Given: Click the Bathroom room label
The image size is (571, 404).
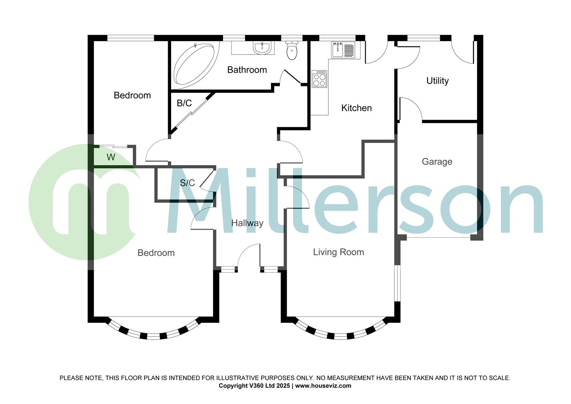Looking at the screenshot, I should (x=247, y=70).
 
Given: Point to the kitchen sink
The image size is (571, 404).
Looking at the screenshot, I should (x=343, y=50).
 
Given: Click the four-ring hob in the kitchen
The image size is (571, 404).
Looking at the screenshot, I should (x=320, y=79).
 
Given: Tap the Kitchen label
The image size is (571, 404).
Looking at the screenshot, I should (x=356, y=108).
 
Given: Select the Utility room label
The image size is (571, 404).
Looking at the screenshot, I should (x=437, y=81).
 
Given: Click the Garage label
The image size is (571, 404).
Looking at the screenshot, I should (x=437, y=162).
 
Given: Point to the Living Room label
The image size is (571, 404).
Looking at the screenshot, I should (x=338, y=252).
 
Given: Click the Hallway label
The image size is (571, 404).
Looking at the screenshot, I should (x=247, y=223).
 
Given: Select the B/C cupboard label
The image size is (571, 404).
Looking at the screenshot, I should (x=184, y=103).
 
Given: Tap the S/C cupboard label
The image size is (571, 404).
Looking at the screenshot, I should (x=187, y=183).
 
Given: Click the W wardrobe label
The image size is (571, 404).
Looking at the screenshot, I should (x=111, y=157).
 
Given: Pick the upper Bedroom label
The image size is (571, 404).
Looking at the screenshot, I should (x=132, y=95).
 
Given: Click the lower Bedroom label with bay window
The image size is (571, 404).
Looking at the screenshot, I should (x=156, y=253).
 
